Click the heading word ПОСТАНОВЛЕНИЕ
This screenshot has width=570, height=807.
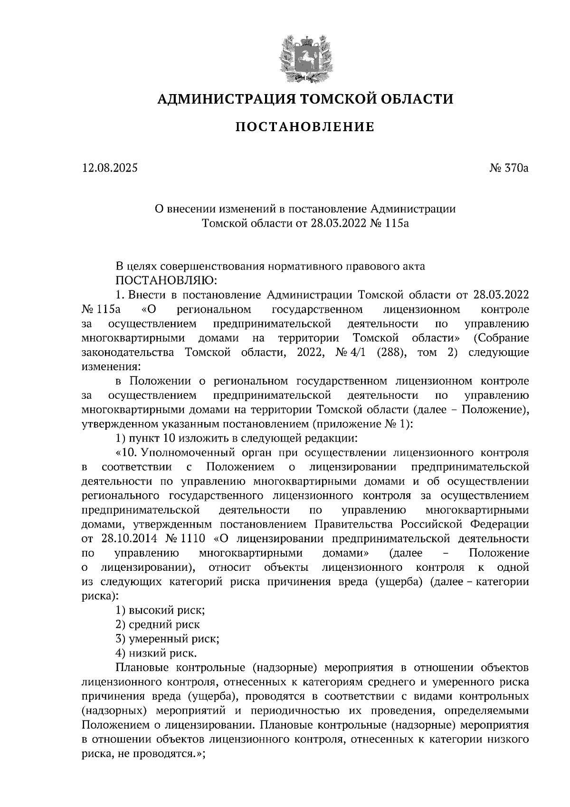[x=305, y=127]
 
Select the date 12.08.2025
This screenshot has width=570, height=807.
[x=109, y=168]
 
